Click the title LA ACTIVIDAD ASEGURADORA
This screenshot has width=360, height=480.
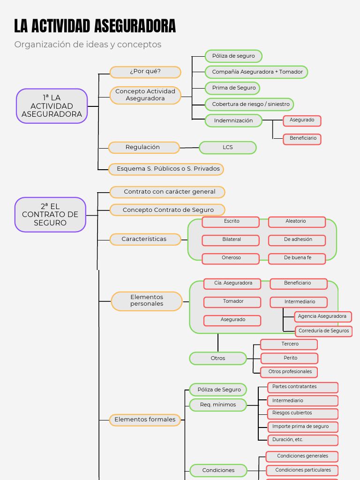point(95,26)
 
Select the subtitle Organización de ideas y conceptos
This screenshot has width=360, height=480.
point(88,45)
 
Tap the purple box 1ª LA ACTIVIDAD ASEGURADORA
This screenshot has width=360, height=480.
point(52,106)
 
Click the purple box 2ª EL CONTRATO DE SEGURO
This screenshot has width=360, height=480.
point(50,215)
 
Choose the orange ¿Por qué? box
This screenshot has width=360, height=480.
point(145,72)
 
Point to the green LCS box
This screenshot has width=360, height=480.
point(228,148)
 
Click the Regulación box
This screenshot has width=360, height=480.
point(143,148)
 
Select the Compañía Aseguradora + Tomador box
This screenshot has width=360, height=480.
point(256,72)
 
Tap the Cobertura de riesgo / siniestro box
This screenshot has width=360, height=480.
point(249,104)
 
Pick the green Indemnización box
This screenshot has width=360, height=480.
point(233,120)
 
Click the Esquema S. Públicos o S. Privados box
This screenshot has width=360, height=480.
point(166,169)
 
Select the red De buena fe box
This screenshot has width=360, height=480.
point(297,258)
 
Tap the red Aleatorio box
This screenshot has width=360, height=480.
point(297,222)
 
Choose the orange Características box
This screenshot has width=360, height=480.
point(145,240)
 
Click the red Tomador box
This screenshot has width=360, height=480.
point(232,302)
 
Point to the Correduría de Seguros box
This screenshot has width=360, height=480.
point(323,331)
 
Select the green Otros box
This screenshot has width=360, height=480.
point(218,359)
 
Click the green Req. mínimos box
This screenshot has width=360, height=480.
point(218,405)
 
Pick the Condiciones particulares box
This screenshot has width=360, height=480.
point(302,470)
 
